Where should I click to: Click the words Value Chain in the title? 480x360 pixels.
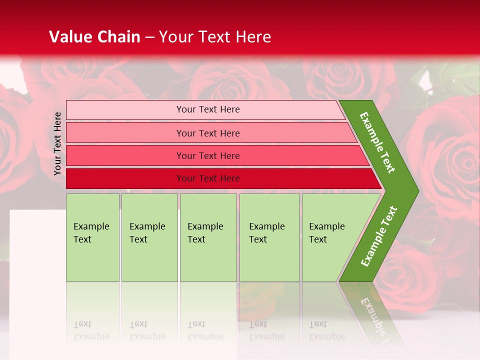coord(94,37)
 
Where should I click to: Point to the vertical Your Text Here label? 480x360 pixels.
coord(57,143)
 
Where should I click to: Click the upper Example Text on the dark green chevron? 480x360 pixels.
coord(377,142)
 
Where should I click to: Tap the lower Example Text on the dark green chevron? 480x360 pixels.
coord(379,236)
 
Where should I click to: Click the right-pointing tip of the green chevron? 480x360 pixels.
coord(416,191)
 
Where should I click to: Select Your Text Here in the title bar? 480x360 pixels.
coord(215,37)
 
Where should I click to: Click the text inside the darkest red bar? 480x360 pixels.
coord(208,178)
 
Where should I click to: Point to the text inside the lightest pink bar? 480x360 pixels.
coord(208,109)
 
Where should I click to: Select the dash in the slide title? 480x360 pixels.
coord(149,37)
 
